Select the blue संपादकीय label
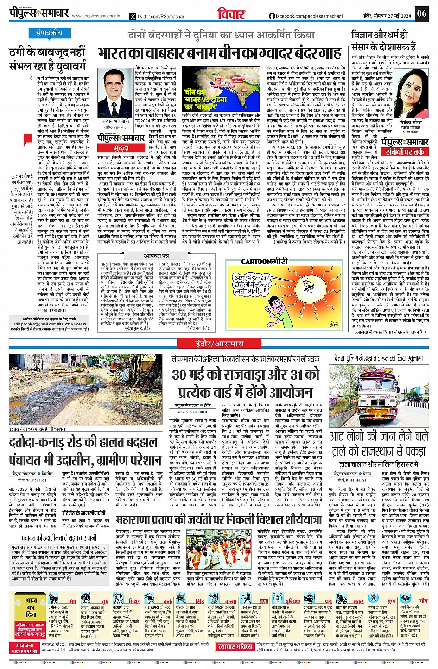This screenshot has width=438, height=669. coord(49,33)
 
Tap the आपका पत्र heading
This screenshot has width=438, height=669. coord(156,256)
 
